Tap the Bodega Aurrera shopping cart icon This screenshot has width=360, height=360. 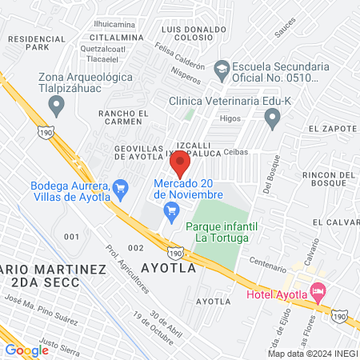[121, 190]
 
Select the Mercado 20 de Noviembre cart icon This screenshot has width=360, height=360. [170, 210]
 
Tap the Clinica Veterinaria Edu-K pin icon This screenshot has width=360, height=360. [273, 120]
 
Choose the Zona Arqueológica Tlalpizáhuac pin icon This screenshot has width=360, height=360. [56, 104]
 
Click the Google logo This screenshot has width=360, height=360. [26, 350]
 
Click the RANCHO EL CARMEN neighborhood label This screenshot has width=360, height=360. [123, 118]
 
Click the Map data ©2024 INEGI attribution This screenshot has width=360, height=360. [311, 354]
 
